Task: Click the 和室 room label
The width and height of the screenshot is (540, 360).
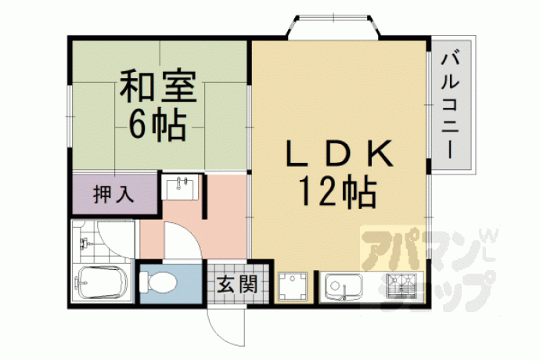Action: click(x=158, y=85)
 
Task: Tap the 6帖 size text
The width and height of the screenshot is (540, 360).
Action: click(x=157, y=124)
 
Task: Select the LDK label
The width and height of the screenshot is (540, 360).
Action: click(x=339, y=153)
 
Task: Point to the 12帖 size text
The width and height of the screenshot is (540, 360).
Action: click(x=338, y=192)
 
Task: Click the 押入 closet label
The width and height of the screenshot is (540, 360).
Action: click(x=113, y=195)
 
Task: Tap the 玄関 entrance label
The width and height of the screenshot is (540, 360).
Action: click(x=237, y=284)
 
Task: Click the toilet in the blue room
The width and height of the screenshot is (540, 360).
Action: click(x=158, y=283)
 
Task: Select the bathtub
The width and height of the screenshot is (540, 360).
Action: click(x=103, y=283)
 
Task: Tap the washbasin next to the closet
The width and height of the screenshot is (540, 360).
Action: click(x=180, y=187)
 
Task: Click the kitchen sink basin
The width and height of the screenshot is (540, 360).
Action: click(x=343, y=286)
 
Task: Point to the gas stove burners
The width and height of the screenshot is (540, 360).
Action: click(x=401, y=286)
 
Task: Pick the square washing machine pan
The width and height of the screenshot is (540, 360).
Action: click(x=293, y=286)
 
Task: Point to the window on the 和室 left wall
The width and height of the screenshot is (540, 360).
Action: click(x=70, y=117)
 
